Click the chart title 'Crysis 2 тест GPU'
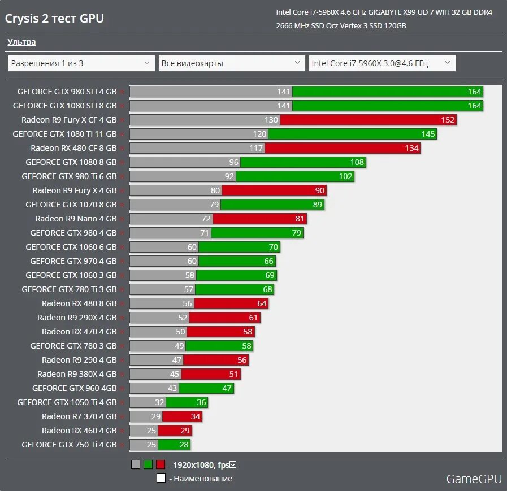[54, 19]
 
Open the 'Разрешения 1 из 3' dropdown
[81, 63]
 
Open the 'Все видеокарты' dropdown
[232, 63]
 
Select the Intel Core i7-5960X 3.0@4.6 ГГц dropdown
[382, 63]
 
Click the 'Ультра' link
[21, 42]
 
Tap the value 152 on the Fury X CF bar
[448, 120]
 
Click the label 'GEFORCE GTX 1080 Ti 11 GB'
[64, 134]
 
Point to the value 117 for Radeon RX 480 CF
[256, 148]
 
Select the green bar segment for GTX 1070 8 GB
[272, 205]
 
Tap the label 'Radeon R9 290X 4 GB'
[77, 318]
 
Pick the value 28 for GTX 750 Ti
[184, 445]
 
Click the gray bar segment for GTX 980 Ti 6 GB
[182, 176]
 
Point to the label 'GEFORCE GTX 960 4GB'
[74, 388]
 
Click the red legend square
[161, 465]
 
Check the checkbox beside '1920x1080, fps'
[233, 464]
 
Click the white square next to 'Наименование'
[161, 479]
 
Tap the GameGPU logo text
[474, 479]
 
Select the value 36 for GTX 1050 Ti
[201, 402]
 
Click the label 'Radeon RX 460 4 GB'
[79, 431]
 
